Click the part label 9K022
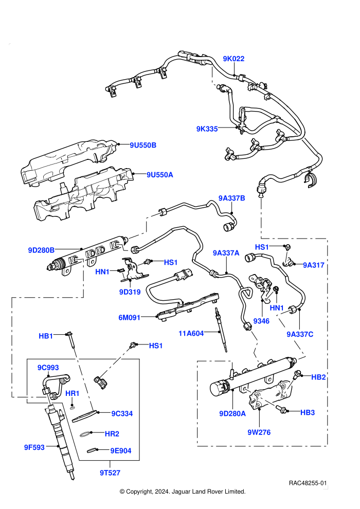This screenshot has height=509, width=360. click(x=233, y=59)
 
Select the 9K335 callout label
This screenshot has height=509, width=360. click(x=207, y=129)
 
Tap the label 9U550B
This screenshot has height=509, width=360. click(x=143, y=145)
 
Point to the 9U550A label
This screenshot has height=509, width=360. click(x=160, y=175)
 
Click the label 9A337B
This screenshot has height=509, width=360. click(x=231, y=198)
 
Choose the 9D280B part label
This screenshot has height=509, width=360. click(x=41, y=250)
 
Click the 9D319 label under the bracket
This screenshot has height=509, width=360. click(x=130, y=292)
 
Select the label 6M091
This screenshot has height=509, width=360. click(x=129, y=317)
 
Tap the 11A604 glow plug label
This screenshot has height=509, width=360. click(x=191, y=333)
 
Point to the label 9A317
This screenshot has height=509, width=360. click(x=314, y=265)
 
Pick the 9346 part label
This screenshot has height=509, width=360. click(x=261, y=321)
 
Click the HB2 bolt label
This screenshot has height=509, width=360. click(x=318, y=377)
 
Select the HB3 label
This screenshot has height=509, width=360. click(x=308, y=412)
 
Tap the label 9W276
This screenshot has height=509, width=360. click(x=259, y=432)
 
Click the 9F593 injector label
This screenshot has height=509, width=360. click(x=34, y=447)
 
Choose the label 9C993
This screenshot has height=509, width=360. click(x=48, y=368)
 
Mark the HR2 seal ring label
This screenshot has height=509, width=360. click(x=112, y=434)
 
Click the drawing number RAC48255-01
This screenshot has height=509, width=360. click(x=308, y=483)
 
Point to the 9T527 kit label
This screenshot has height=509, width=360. click(x=110, y=473)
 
